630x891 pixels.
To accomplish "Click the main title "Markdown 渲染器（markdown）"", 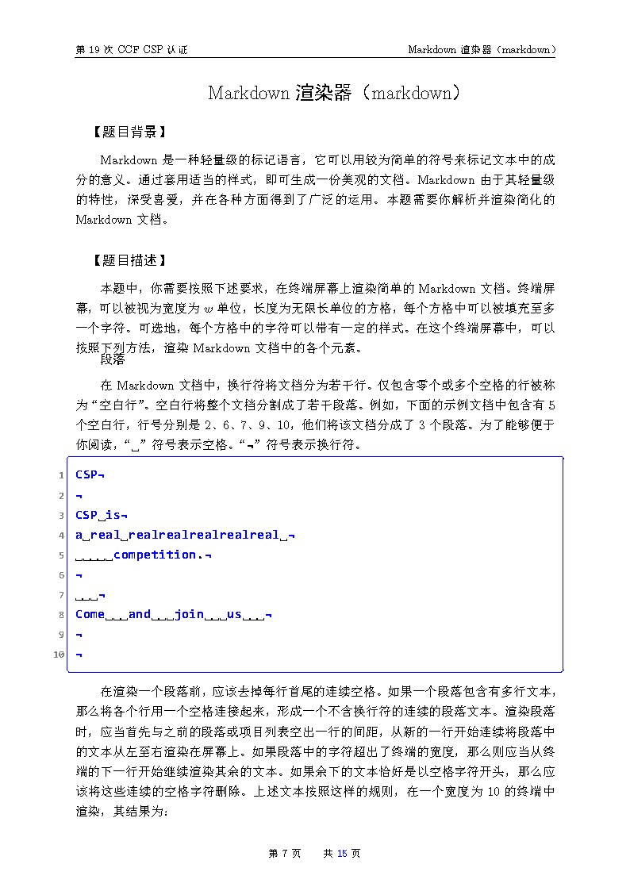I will (x=334, y=93).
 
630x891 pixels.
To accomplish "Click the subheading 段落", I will (x=113, y=359).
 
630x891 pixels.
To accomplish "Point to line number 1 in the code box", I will (x=61, y=475).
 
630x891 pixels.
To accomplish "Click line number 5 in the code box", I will (x=61, y=555).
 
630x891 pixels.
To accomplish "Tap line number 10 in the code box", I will (x=59, y=655).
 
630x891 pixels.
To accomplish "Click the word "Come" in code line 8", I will (x=90, y=614).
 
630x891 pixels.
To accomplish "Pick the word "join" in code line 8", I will (x=189, y=614).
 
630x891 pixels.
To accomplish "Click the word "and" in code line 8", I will (x=140, y=614).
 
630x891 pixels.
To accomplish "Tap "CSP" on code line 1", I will (x=86, y=474).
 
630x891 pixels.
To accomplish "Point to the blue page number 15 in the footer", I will (x=342, y=854).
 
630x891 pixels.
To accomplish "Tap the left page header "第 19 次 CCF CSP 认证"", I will (x=132, y=49).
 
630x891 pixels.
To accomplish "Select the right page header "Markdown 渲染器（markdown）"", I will (x=481, y=49).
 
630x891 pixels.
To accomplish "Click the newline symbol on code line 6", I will (x=79, y=575).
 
